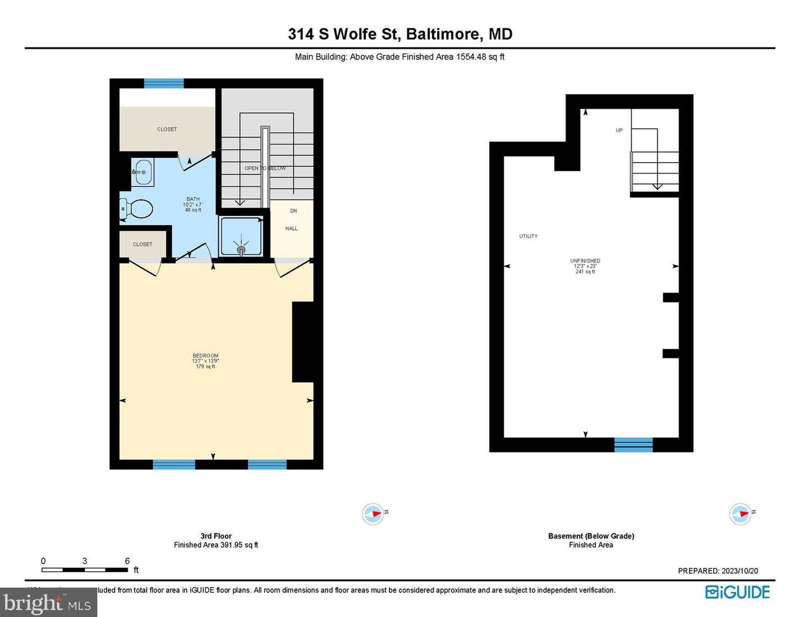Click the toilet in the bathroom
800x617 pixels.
pos(137,209)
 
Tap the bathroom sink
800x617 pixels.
pos(143,172)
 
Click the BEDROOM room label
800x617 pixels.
pos(205,355)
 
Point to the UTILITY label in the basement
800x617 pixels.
pos(528,236)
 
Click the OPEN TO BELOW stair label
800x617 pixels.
pos(265,168)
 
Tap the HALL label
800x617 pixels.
pos(291,228)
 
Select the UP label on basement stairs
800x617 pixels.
pos(619,130)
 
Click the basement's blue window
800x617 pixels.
pos(633,445)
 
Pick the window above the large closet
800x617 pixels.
pos(164,84)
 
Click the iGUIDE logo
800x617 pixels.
pos(737,592)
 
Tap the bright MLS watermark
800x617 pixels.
pos(48,604)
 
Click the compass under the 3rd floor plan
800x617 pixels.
pos(373,514)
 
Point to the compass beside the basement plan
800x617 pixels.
pos(741,514)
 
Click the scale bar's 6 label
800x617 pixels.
pos(127,561)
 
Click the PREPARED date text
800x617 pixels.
pos(718,571)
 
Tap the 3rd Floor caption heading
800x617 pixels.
pos(216,536)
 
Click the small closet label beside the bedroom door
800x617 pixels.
pos(142,244)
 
